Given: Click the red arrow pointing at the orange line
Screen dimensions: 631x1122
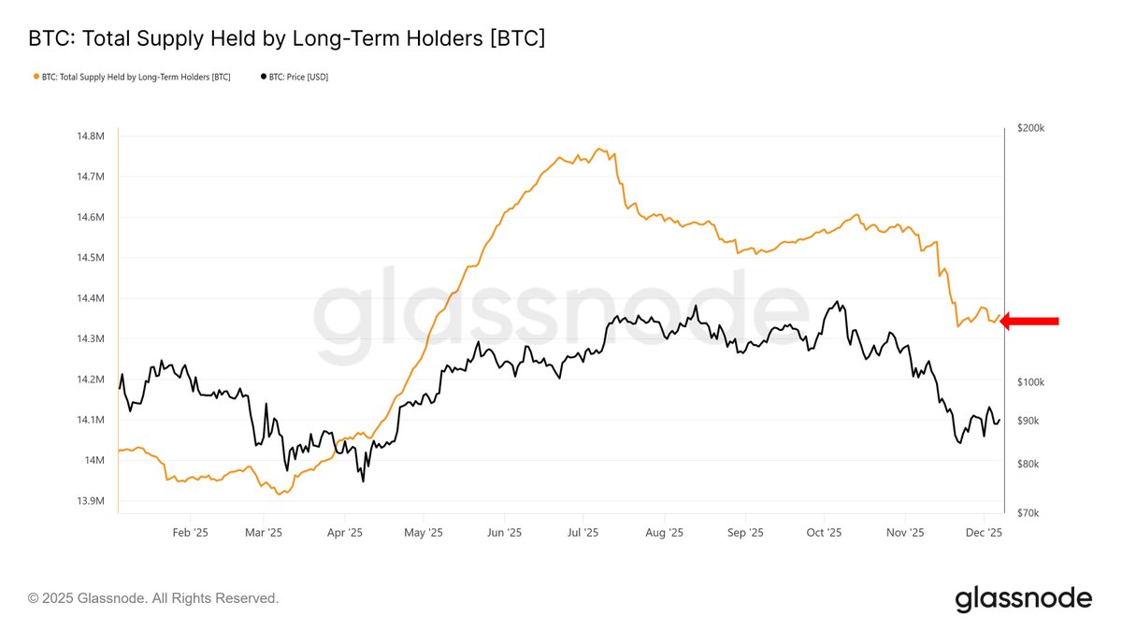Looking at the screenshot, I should pyautogui.click(x=1030, y=322).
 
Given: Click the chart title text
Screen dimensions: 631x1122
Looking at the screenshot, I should pyautogui.click(x=286, y=38).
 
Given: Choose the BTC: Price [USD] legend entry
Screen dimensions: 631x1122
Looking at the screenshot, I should pyautogui.click(x=295, y=77).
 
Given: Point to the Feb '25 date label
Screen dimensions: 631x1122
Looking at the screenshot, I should pyautogui.click(x=190, y=532).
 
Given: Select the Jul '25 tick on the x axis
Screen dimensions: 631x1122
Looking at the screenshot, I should pyautogui.click(x=583, y=532).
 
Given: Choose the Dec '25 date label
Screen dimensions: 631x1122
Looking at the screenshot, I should pyautogui.click(x=984, y=532).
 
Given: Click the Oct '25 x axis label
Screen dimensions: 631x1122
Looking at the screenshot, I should pyautogui.click(x=824, y=532).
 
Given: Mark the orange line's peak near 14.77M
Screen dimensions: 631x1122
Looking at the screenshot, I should pyautogui.click(x=598, y=149).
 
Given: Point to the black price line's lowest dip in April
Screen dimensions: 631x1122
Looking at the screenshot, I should pyautogui.click(x=362, y=481).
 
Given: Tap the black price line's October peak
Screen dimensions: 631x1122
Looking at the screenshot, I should pyautogui.click(x=836, y=302).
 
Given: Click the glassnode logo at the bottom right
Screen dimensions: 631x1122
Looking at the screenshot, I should pyautogui.click(x=1023, y=598).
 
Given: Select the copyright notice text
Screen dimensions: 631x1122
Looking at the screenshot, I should pyautogui.click(x=153, y=598).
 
